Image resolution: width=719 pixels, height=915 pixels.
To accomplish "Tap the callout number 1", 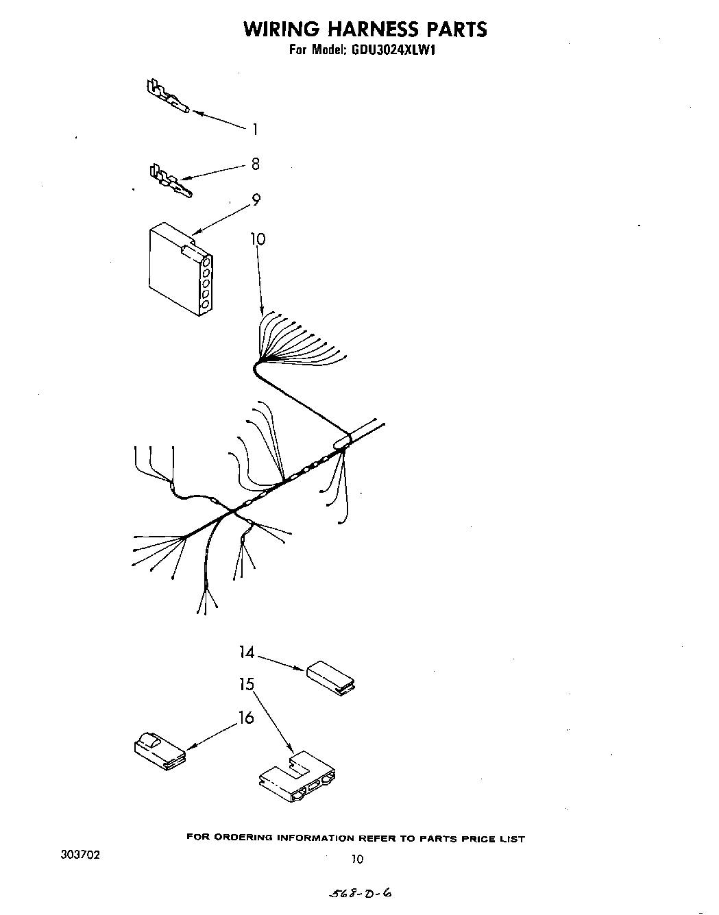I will [254, 129].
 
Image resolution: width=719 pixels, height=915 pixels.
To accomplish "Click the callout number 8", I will [255, 164].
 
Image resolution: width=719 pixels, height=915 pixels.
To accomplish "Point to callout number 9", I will [256, 200].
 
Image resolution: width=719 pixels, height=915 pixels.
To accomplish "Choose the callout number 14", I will [247, 652].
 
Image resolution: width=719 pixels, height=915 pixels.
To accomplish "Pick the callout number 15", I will [247, 684].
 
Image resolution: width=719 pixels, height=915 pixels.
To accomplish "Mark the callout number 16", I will [246, 718].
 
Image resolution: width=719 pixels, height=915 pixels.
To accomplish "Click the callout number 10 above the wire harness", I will [257, 239].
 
